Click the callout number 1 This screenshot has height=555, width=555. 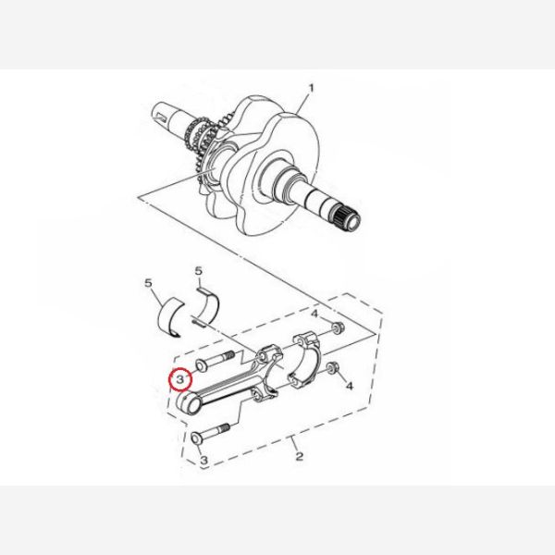pos(311,88)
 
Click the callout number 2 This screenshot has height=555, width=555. pos(300,456)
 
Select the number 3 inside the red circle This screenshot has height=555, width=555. pos(180,380)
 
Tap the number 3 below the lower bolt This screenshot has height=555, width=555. pos(203,460)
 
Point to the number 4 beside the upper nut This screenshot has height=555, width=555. pos(314,314)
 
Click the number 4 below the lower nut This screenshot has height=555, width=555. pos(350,386)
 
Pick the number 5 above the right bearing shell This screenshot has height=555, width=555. pos(199,271)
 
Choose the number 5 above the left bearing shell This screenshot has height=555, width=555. pos(148,283)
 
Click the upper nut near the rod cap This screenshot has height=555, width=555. pos(337,328)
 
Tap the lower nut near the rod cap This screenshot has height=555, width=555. pos(332,368)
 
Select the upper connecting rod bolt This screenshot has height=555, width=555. pos(215,361)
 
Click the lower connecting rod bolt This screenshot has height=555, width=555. pos(210,433)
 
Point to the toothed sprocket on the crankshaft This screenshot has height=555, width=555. pos(203,142)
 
